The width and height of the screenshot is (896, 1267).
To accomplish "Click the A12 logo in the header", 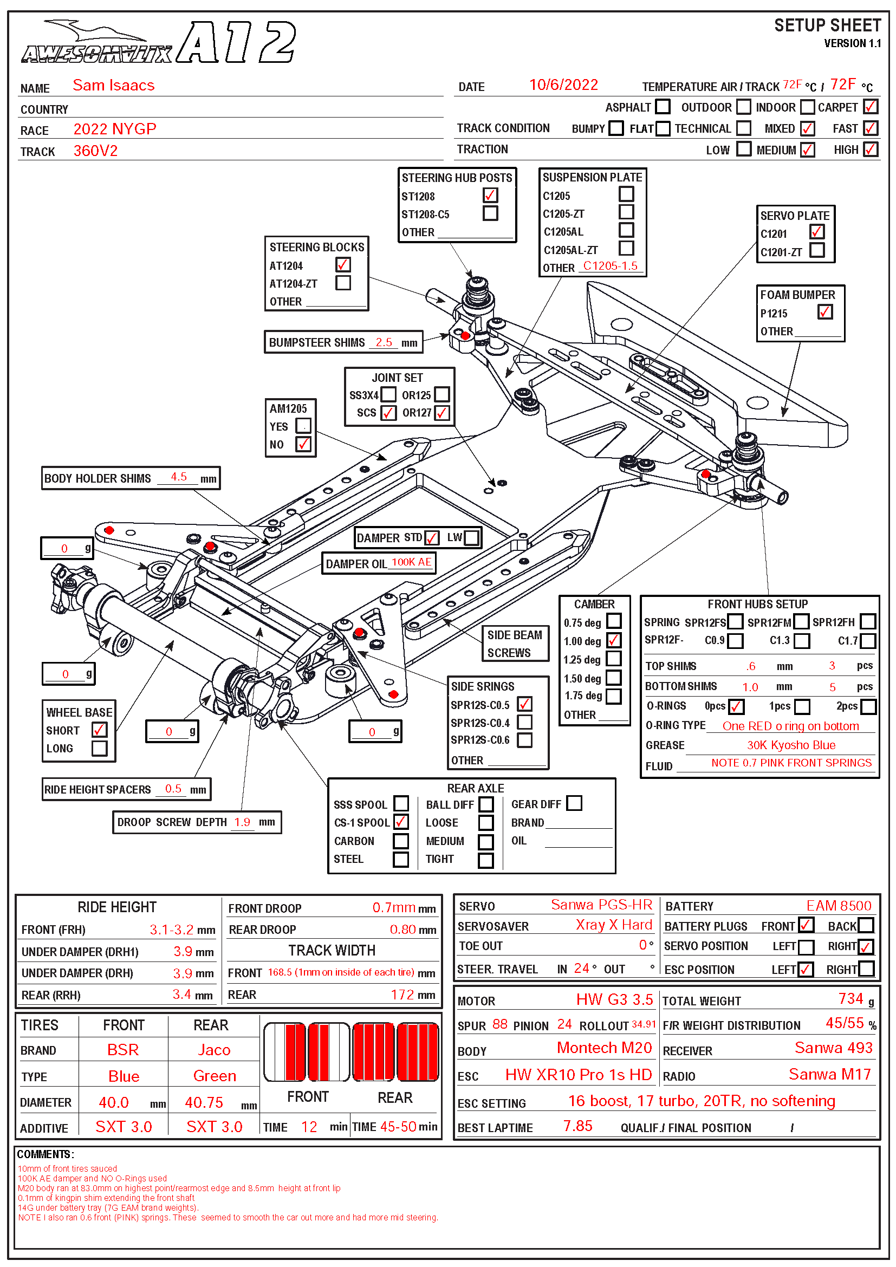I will click(x=237, y=42).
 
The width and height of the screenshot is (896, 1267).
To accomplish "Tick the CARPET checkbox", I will click(x=870, y=107).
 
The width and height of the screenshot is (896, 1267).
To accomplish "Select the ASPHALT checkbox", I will click(x=663, y=107).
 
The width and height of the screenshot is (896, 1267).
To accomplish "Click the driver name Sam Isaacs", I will click(x=114, y=86).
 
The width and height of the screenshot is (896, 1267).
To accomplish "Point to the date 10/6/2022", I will click(x=563, y=85).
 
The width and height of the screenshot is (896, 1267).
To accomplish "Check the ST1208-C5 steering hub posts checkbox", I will click(x=490, y=213).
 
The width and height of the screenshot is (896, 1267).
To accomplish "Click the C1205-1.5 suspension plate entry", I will click(x=609, y=266).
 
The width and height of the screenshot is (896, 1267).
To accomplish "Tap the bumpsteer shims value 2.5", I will click(x=384, y=342).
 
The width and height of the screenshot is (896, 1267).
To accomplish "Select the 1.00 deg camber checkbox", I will click(x=614, y=640).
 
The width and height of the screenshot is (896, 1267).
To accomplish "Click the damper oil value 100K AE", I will click(x=411, y=562).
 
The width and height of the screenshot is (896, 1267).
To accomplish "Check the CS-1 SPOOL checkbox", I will click(x=401, y=822).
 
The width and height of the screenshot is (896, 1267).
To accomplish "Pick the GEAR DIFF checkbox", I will click(x=574, y=803).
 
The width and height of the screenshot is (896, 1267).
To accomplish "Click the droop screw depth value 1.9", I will click(x=242, y=822).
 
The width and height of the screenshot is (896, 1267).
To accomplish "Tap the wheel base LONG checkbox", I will click(x=99, y=748).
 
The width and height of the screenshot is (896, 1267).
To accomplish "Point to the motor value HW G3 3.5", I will click(x=614, y=999).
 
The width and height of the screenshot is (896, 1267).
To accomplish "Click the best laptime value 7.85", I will click(x=577, y=1126).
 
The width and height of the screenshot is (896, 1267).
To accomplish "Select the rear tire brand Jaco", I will click(x=214, y=1050).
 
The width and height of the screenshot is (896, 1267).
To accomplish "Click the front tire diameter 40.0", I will click(x=114, y=1102).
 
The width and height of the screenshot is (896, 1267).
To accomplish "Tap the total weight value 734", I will click(x=850, y=999).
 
